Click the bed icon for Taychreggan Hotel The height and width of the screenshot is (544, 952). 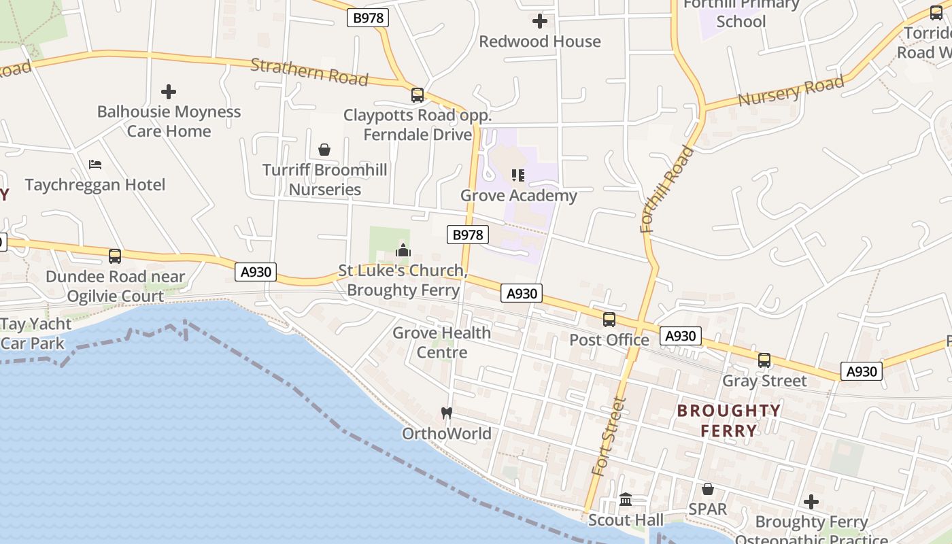95,165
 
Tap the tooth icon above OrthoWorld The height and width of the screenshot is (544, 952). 447,413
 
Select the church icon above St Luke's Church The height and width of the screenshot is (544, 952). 403,251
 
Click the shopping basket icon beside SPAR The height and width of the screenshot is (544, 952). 708,489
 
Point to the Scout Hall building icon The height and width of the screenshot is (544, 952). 626,500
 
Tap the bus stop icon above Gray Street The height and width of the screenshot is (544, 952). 764,360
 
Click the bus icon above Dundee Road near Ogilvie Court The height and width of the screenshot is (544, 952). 115,256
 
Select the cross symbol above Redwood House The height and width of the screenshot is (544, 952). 540,21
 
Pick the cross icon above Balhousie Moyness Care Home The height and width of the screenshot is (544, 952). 169,91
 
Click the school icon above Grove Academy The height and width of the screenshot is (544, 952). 518,175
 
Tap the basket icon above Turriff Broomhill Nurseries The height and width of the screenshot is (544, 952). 324,150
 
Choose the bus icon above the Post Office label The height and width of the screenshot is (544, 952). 609,320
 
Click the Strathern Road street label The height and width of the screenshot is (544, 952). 309,72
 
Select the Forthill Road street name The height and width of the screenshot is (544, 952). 667,189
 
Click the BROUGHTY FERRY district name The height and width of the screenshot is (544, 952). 729,420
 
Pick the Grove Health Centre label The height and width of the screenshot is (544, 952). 442,342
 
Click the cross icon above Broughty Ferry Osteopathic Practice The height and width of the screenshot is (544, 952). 811,503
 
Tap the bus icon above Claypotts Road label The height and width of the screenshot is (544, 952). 418,95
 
